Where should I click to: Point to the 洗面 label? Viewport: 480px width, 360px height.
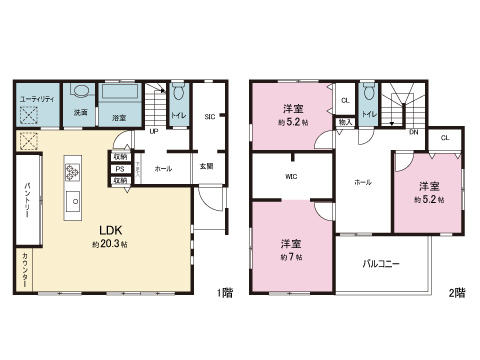[80, 113]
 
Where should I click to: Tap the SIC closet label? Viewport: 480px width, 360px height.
[209, 117]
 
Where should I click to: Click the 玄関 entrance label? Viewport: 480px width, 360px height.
[205, 167]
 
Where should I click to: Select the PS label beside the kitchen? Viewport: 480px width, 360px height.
[119, 169]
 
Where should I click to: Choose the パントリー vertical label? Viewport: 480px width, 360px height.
[27, 204]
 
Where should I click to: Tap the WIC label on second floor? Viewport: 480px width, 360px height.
[291, 177]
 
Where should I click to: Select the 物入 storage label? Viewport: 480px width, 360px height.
[344, 121]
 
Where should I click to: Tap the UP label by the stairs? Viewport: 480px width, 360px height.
[153, 131]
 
